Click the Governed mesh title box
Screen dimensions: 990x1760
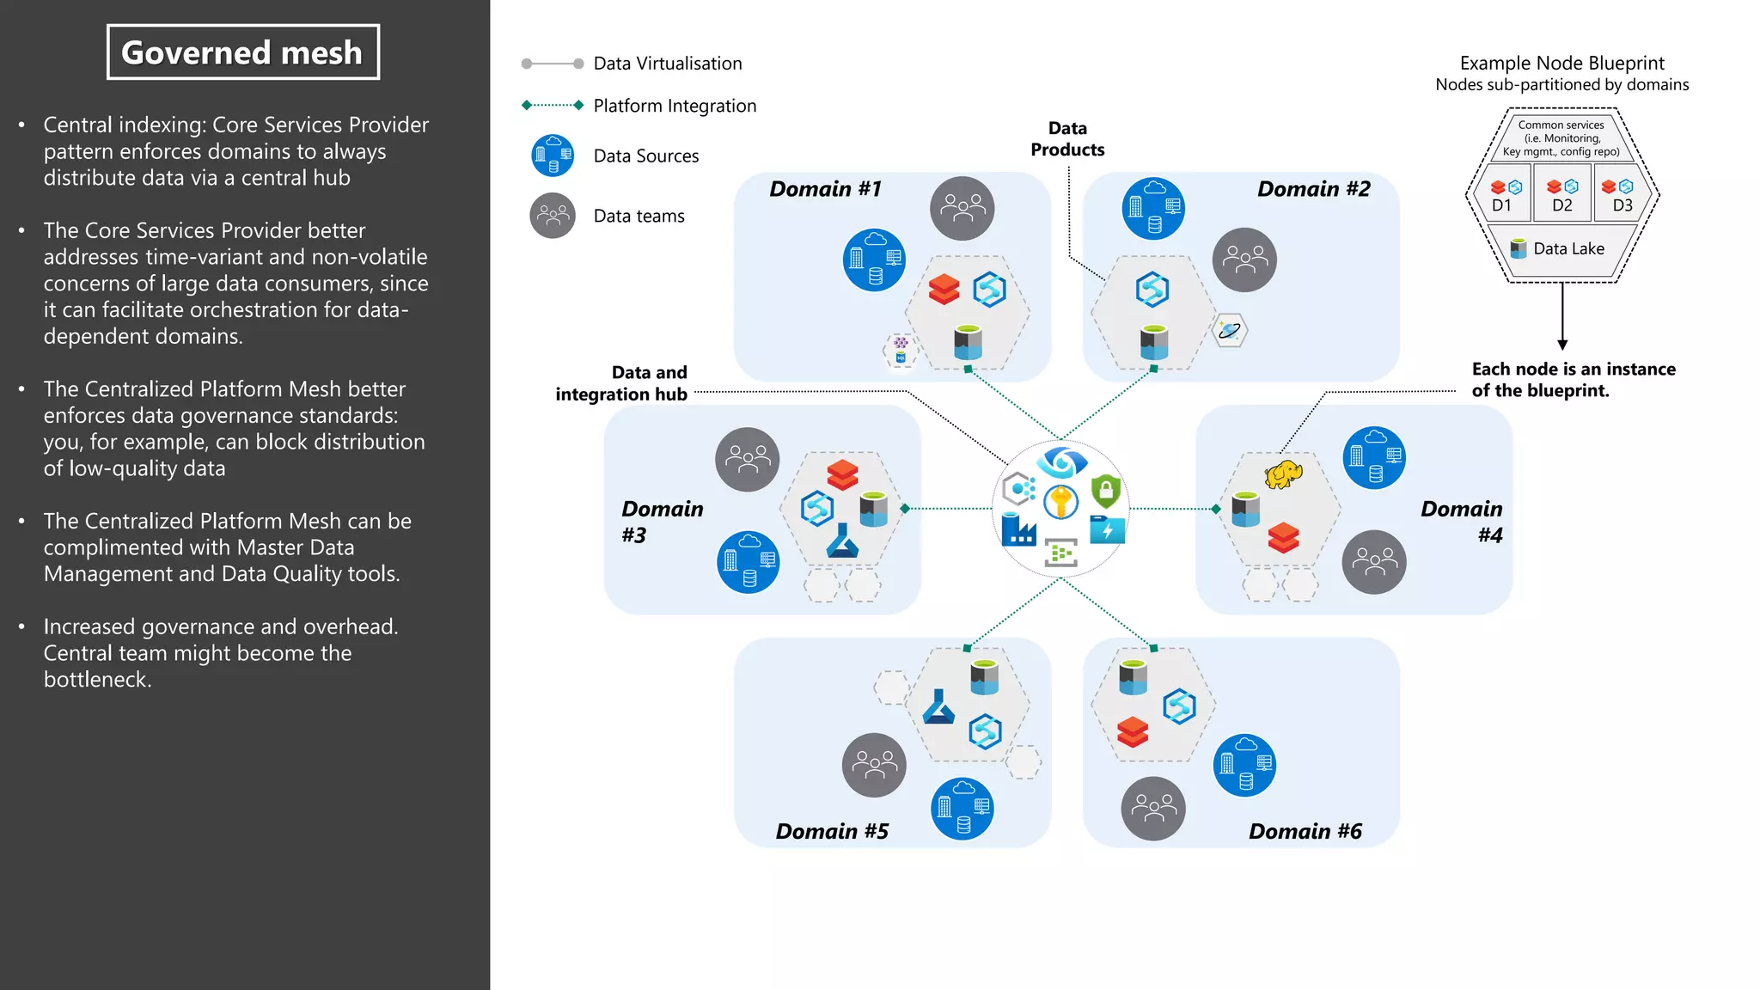[x=242, y=52]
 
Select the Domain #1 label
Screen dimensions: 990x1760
[x=825, y=189]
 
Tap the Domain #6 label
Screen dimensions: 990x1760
[x=1305, y=831]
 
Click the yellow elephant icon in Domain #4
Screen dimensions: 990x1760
[x=1283, y=474]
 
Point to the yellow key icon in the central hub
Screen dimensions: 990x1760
[x=1061, y=501]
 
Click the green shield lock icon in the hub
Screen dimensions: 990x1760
[x=1106, y=491]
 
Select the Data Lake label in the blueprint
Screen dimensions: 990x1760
[x=1568, y=248]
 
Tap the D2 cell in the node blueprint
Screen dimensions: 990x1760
[x=1561, y=196]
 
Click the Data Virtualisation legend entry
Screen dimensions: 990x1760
[x=667, y=64]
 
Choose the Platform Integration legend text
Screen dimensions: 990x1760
[x=675, y=106]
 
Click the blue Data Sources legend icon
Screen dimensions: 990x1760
[x=553, y=156]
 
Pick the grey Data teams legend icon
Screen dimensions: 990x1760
[x=553, y=216]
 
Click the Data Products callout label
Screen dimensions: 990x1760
[x=1067, y=138]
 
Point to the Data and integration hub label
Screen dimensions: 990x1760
[x=621, y=383]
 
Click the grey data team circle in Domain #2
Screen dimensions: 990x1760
[x=1244, y=260]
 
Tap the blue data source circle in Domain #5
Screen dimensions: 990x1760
[x=962, y=808]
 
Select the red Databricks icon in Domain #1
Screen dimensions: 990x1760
[x=944, y=290]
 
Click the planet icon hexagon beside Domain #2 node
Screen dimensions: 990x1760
[x=1230, y=330]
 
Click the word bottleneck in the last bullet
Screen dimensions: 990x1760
[x=97, y=680]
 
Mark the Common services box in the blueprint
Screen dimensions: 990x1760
[x=1561, y=138]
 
